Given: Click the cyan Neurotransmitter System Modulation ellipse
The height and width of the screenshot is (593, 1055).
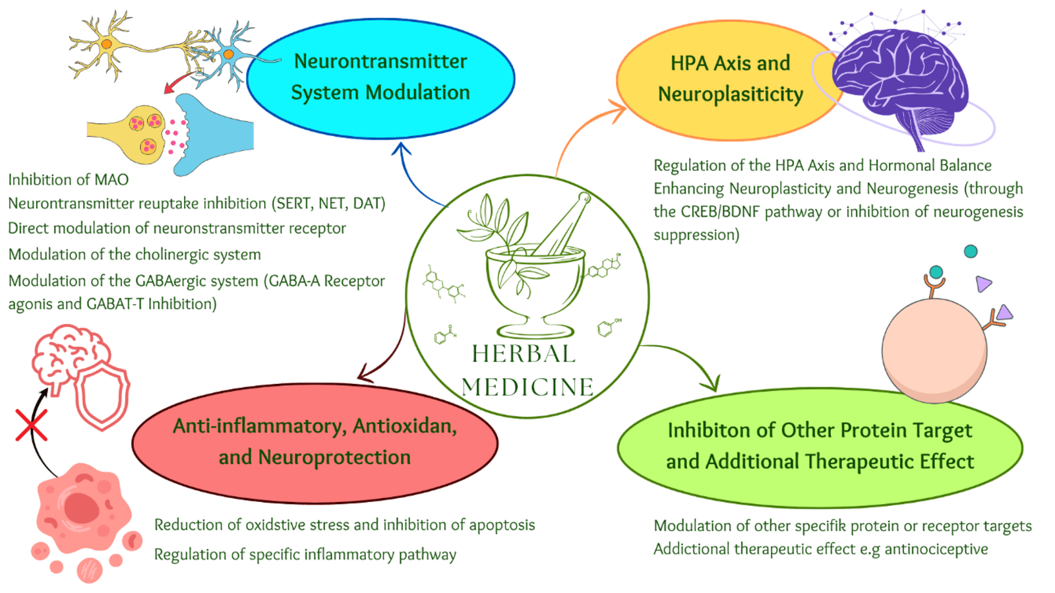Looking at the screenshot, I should pyautogui.click(x=380, y=77).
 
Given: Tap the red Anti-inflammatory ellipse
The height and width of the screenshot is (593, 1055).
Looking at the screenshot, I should pyautogui.click(x=315, y=442).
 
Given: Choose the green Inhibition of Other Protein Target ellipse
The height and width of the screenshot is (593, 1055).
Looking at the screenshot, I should pyautogui.click(x=820, y=447).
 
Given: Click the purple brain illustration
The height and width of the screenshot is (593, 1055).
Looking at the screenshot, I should pyautogui.click(x=900, y=79).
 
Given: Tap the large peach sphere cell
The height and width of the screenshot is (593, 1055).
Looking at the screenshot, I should pyautogui.click(x=934, y=350).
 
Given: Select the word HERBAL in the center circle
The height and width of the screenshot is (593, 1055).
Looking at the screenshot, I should pyautogui.click(x=524, y=354).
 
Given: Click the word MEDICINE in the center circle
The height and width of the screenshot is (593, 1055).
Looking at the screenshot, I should pyautogui.click(x=527, y=387).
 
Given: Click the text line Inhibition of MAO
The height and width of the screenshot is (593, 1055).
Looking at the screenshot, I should pyautogui.click(x=69, y=179).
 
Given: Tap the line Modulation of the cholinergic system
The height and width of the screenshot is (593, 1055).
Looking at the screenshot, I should pyautogui.click(x=135, y=255).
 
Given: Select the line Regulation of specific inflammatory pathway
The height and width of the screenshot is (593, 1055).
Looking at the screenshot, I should pyautogui.click(x=305, y=554).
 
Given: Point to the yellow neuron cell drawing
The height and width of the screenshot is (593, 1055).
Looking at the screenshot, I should pyautogui.click(x=105, y=45).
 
